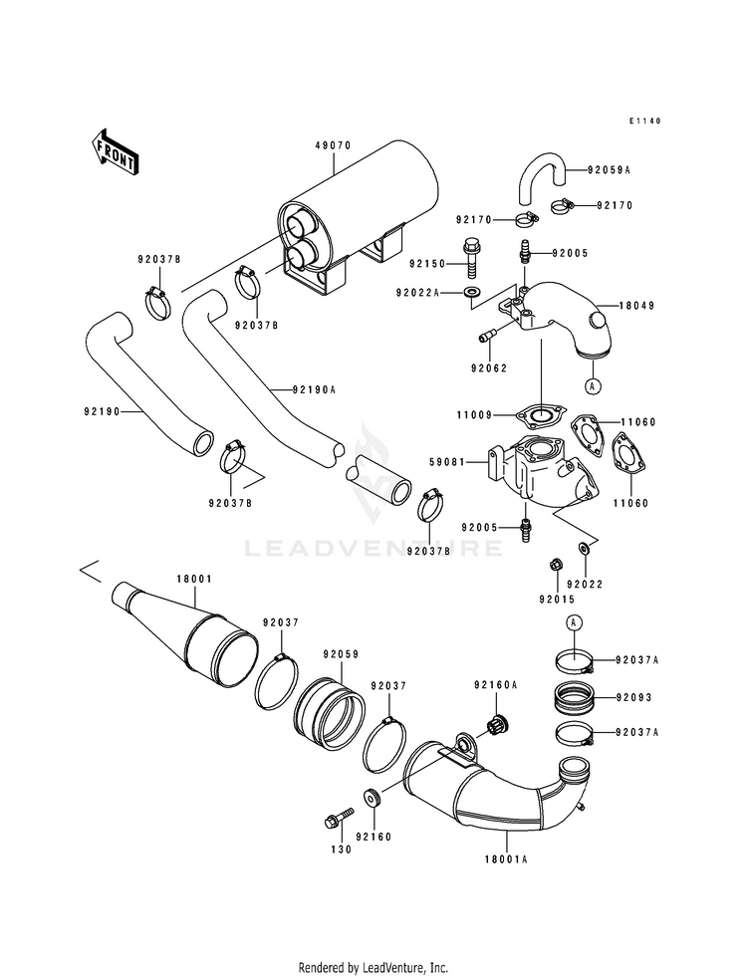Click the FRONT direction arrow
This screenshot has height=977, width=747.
pyautogui.click(x=116, y=151)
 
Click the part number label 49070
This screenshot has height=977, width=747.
pyautogui.click(x=334, y=145)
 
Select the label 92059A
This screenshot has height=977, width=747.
pyautogui.click(x=609, y=169)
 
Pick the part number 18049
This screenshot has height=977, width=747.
pyautogui.click(x=636, y=306)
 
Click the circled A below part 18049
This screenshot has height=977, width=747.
pyautogui.click(x=593, y=386)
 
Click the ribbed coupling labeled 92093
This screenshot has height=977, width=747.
pyautogui.click(x=574, y=696)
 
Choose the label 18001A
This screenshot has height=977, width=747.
pyautogui.click(x=506, y=858)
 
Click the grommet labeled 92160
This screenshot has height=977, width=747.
pyautogui.click(x=373, y=798)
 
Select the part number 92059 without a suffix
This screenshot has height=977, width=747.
pyautogui.click(x=341, y=655)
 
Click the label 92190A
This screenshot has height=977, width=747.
pyautogui.click(x=314, y=390)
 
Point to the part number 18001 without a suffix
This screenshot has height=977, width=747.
pyautogui.click(x=194, y=579)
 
